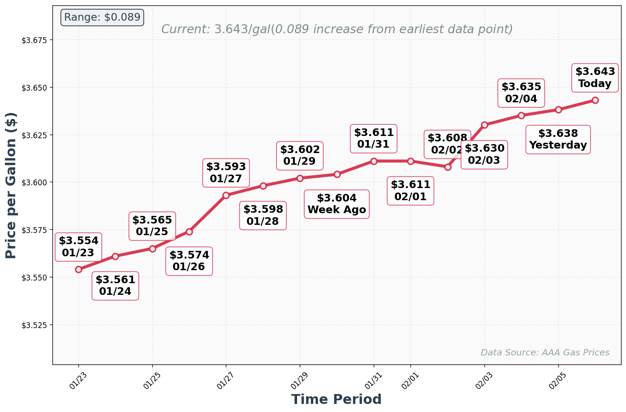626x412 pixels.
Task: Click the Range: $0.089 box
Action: (x=102, y=18)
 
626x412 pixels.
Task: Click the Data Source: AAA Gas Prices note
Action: (x=544, y=353)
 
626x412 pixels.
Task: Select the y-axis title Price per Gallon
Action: (x=11, y=185)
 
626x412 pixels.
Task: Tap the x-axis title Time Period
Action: (x=336, y=399)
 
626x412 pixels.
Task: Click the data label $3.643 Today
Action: (x=595, y=78)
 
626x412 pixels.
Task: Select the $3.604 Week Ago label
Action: (x=337, y=204)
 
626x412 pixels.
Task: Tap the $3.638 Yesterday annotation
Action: (x=558, y=140)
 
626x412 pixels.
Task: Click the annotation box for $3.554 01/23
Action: (x=78, y=247)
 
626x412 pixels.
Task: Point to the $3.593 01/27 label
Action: (x=226, y=173)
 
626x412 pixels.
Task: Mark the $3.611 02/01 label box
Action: (x=410, y=191)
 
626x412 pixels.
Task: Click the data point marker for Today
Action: (x=595, y=100)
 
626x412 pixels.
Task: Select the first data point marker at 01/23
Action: (x=78, y=269)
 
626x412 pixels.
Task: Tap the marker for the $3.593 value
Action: (x=226, y=195)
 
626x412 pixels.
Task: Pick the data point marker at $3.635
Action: (x=521, y=115)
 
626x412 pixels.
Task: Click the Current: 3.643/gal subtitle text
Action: (x=337, y=30)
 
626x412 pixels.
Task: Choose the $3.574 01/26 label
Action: (x=189, y=261)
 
